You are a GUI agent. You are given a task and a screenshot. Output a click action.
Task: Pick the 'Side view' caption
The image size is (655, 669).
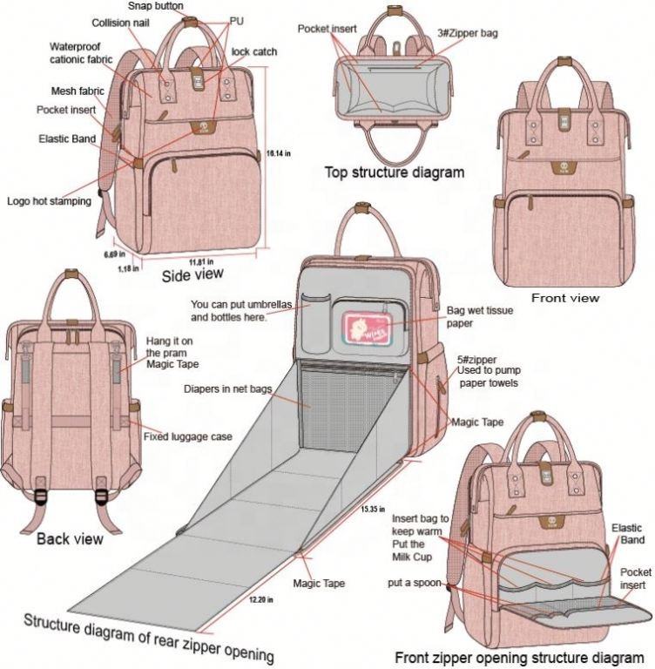192,275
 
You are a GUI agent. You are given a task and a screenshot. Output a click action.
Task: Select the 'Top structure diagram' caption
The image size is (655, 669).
394,172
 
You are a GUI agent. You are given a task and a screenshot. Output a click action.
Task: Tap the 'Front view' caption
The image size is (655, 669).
564,298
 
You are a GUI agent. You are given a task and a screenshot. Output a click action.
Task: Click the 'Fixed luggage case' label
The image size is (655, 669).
187,436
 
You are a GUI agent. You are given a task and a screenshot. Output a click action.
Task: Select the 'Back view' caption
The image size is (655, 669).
70,539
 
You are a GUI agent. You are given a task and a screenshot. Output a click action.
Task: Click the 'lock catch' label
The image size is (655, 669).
254,52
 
